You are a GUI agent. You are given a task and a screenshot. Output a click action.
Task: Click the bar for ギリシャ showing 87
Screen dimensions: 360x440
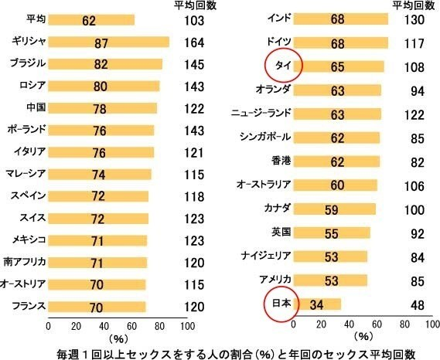point(108,42)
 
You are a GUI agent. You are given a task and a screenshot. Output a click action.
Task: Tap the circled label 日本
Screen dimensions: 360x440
point(280,304)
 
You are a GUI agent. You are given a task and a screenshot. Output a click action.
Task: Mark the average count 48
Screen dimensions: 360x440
point(418,304)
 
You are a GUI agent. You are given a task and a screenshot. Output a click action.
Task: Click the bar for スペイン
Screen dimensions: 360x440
point(98,195)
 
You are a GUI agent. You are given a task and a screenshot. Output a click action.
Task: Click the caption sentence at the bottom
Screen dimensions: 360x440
point(219,352)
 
